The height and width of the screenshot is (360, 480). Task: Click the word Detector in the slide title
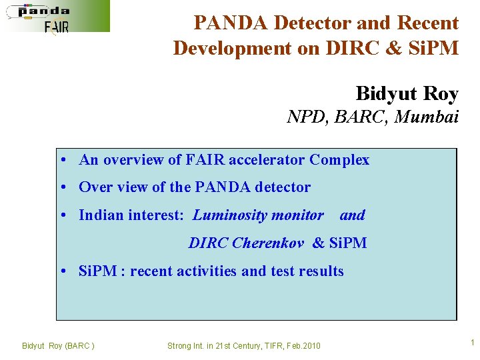click(307, 23)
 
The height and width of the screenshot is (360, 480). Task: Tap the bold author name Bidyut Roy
click(407, 93)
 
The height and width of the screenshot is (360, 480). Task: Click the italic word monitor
click(297, 215)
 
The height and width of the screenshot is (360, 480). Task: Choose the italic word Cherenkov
click(268, 243)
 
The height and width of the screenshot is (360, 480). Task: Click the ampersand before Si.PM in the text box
click(318, 243)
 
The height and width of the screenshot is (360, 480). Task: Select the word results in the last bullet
click(321, 271)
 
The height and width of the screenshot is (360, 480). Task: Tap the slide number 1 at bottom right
click(472, 343)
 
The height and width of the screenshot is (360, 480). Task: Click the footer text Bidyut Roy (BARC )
click(58, 345)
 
